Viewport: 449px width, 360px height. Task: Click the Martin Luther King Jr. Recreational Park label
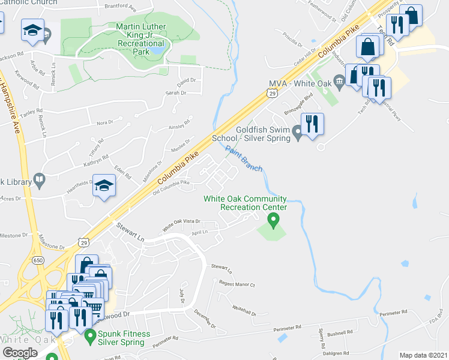coord(141,40)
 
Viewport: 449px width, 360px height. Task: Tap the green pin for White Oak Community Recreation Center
coord(274,221)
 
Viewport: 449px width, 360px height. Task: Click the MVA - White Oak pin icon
coord(339,79)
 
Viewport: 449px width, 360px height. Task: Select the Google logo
coord(20,353)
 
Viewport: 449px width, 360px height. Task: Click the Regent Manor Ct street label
coord(237,284)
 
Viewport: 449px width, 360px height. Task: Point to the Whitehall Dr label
coord(244,309)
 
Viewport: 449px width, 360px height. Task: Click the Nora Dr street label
coord(105,122)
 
